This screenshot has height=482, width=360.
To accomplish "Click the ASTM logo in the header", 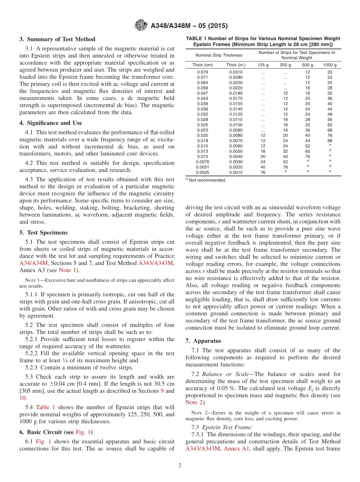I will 141,26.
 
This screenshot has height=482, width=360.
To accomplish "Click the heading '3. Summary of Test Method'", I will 57,39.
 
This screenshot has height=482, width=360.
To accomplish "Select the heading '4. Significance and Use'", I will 51,123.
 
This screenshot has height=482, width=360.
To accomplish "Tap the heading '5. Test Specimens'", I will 44,233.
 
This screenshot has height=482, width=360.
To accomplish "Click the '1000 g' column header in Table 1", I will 330,65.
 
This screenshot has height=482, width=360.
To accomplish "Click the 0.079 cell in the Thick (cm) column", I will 203,72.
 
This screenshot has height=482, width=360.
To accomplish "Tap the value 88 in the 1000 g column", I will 330,141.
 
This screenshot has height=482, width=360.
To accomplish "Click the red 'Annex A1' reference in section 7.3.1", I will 236,449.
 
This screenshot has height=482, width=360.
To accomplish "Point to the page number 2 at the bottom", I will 180,466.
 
